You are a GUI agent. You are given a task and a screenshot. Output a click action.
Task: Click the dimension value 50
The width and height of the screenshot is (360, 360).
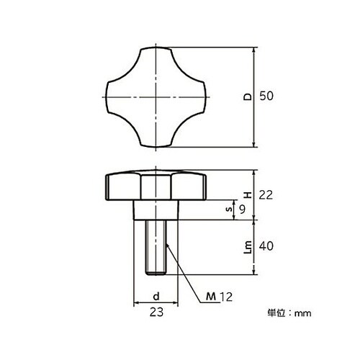point(266,96)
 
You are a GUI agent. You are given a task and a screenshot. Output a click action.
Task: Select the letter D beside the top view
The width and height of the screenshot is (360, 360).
point(248,96)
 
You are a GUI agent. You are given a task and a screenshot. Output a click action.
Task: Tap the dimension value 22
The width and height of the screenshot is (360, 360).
point(266,195)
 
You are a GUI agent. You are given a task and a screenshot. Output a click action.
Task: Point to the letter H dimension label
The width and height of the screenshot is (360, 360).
point(248,195)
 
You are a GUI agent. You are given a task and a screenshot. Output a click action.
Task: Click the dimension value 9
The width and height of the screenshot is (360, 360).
point(243,210)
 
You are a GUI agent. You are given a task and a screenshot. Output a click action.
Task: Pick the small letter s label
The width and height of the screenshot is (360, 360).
point(230,210)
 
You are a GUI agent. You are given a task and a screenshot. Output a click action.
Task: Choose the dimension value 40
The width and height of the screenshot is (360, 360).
point(266,246)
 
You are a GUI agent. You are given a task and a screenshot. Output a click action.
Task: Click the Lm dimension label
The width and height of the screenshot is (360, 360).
point(248,247)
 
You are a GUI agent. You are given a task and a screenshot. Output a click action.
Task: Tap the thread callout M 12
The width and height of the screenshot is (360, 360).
point(219,297)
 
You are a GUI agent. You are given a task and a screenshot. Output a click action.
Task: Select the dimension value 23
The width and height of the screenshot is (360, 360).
point(156,312)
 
